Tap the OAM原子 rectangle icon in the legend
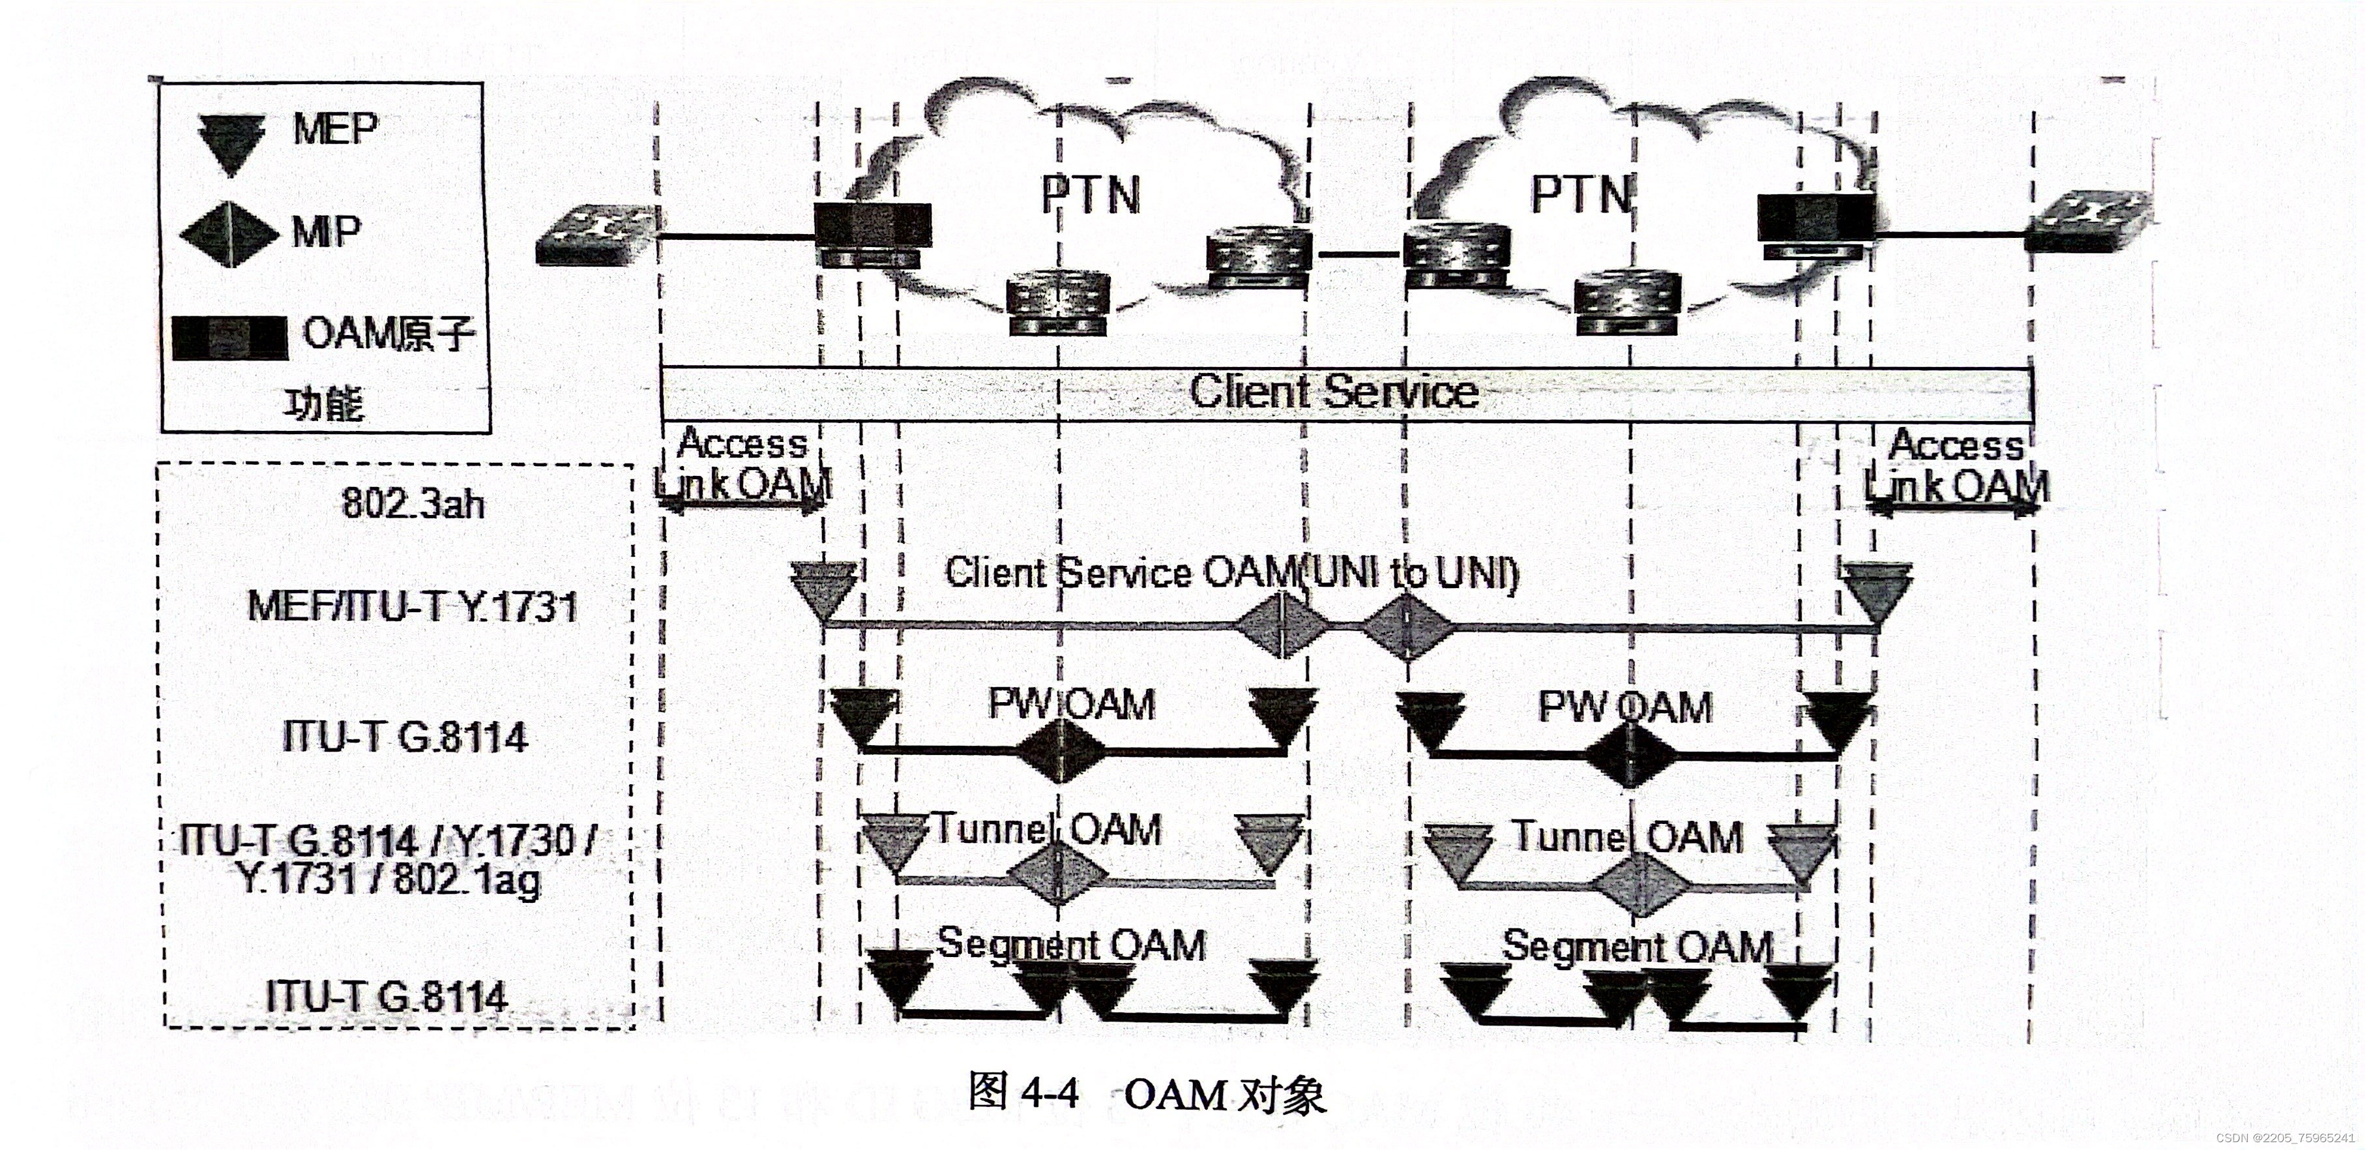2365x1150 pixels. (x=229, y=337)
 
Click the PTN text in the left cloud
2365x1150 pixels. (x=1090, y=195)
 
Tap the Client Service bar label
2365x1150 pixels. (x=1333, y=392)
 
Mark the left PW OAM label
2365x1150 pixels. (x=1070, y=705)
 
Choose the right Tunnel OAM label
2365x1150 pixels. (x=1627, y=838)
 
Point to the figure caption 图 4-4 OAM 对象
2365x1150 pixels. (x=1147, y=1095)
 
